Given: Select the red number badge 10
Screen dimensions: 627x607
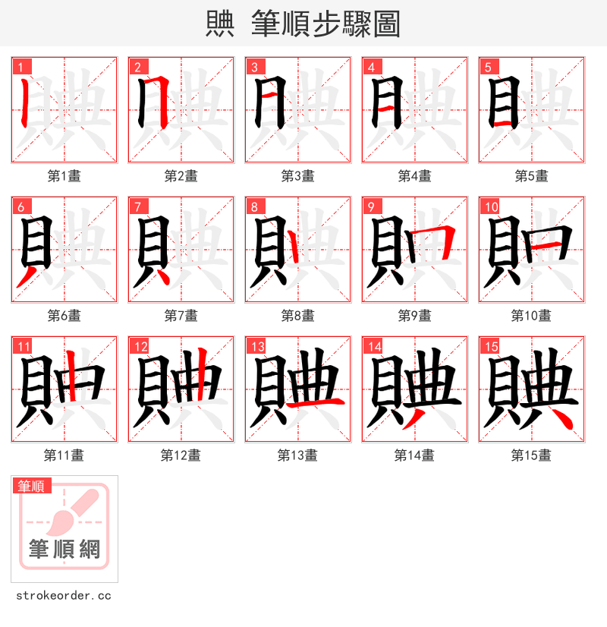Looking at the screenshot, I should pyautogui.click(x=490, y=206).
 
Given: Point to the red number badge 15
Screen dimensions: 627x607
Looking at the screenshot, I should pyautogui.click(x=490, y=347).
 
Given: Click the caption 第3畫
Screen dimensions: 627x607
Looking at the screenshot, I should pyautogui.click(x=297, y=176).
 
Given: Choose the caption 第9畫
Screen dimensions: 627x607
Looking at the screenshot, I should pyautogui.click(x=414, y=316).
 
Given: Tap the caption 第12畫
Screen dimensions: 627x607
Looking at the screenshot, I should pyautogui.click(x=181, y=455).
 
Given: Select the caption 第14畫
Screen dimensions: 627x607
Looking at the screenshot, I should pyautogui.click(x=414, y=455).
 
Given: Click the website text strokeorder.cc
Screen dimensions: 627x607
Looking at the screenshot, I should pyautogui.click(x=63, y=596).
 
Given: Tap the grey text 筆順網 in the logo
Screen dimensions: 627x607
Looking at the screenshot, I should pyautogui.click(x=64, y=549).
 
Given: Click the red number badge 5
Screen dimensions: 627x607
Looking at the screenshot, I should pyautogui.click(x=488, y=67).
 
